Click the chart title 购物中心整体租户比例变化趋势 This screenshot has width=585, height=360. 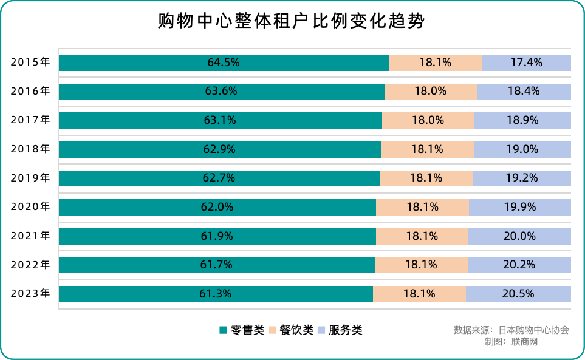(x=292, y=22)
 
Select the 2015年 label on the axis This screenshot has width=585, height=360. (x=30, y=63)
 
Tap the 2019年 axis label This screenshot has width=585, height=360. (x=30, y=178)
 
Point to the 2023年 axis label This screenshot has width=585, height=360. (x=30, y=294)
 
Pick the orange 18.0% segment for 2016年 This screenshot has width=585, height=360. (x=431, y=92)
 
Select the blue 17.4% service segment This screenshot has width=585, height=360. (x=526, y=63)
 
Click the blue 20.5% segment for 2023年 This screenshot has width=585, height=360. (x=518, y=294)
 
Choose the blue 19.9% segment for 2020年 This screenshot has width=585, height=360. (x=520, y=207)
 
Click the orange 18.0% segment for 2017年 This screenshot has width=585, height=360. (x=428, y=120)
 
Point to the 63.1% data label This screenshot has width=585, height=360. (x=220, y=120)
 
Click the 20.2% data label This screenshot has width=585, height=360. (x=519, y=265)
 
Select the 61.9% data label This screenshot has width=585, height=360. (x=217, y=236)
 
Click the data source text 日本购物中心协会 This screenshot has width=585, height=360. (x=534, y=330)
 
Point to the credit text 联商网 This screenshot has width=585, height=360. (x=524, y=342)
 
